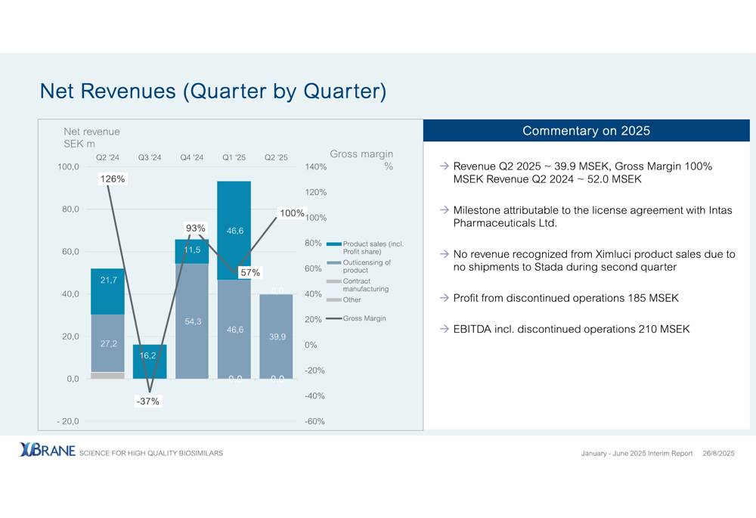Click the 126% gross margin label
[x=113, y=179]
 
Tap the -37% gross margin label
[x=148, y=401]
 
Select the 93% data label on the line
[x=196, y=228]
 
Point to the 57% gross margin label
[x=250, y=272]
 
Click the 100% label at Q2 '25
[x=291, y=213]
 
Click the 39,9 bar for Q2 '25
[x=277, y=336]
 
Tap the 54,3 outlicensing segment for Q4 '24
[x=192, y=321]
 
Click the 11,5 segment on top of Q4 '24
[x=192, y=251]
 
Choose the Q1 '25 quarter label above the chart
[x=234, y=157]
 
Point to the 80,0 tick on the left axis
[x=70, y=209]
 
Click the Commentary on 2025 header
[x=586, y=131]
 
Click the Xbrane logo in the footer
[x=48, y=451]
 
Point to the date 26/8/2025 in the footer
[x=718, y=453]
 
